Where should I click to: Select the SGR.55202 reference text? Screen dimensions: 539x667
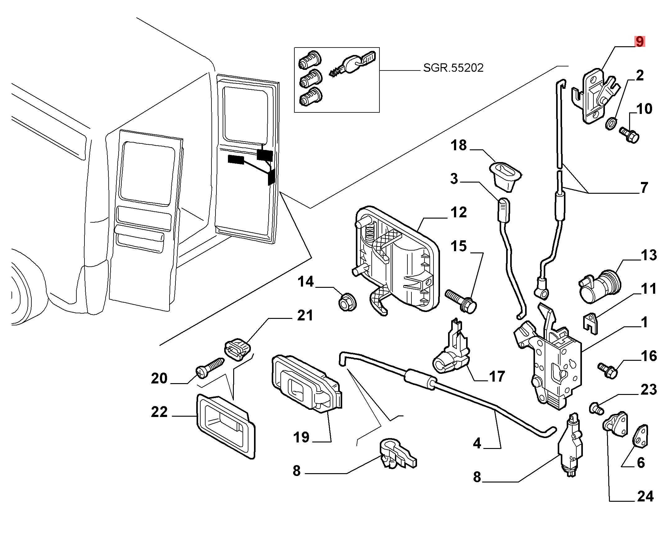pos(453,68)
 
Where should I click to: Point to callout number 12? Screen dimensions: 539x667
pos(459,213)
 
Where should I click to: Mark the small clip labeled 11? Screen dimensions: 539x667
pos(590,323)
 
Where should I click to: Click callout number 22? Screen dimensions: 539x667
pos(159,412)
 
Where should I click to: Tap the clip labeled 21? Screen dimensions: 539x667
pos(237,349)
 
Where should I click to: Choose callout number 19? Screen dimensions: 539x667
pos(301,437)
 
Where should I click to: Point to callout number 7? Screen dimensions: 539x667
pos(644,188)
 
